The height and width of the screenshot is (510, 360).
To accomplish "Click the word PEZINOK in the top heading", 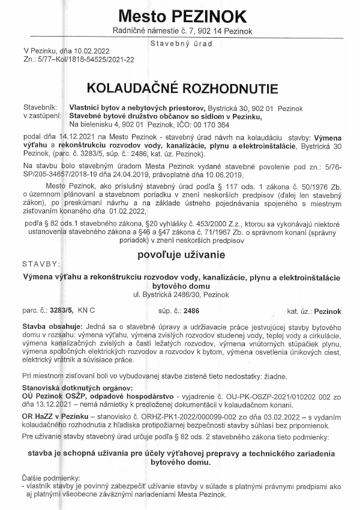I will [x=209, y=14].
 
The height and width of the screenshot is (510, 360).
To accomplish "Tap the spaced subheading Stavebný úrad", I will [x=179, y=43].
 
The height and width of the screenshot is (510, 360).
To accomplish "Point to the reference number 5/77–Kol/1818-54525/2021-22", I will [x=85, y=60].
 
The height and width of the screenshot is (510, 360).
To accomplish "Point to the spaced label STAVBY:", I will [x=41, y=263].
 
